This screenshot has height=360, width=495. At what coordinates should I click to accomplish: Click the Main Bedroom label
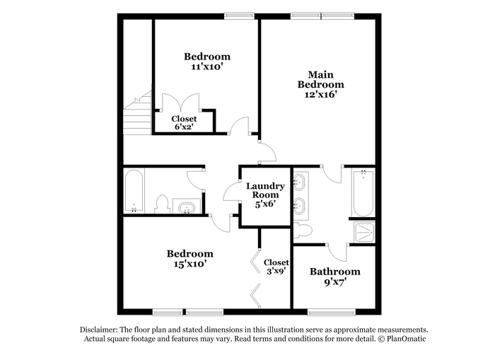pyautogui.click(x=321, y=80)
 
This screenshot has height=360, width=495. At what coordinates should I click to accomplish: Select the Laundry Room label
pyautogui.click(x=265, y=190)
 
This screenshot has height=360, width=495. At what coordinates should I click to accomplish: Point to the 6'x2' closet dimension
pyautogui.click(x=184, y=127)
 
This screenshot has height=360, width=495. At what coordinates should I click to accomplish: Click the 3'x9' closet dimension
pyautogui.click(x=276, y=271)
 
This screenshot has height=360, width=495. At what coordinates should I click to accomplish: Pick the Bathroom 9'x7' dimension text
pyautogui.click(x=335, y=282)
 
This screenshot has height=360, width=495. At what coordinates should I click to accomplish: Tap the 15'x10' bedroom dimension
pyautogui.click(x=190, y=264)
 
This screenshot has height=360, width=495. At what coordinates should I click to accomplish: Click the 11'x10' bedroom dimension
pyautogui.click(x=207, y=66)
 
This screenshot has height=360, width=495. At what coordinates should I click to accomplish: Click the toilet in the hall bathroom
pyautogui.click(x=162, y=204)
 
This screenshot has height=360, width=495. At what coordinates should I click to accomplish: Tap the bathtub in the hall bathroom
pyautogui.click(x=134, y=192)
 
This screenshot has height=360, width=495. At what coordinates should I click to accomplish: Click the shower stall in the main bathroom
pyautogui.click(x=364, y=232)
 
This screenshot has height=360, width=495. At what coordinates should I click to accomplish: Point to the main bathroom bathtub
pyautogui.click(x=363, y=192)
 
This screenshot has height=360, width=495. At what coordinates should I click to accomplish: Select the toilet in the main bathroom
pyautogui.click(x=303, y=230)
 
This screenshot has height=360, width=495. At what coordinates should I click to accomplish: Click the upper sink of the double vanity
pyautogui.click(x=299, y=182)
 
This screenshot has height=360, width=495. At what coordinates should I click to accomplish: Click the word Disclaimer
pyautogui.click(x=99, y=330)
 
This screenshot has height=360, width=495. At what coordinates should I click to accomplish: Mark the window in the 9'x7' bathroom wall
pyautogui.click(x=332, y=312)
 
